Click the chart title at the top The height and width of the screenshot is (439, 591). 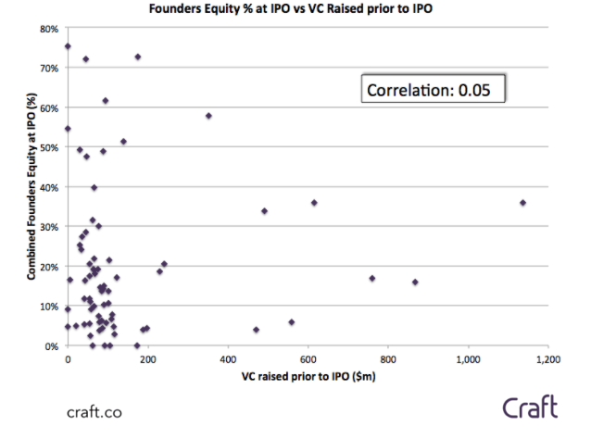(x=295, y=9)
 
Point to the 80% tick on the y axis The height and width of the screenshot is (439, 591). (x=48, y=29)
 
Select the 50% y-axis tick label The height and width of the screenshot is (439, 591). (x=48, y=147)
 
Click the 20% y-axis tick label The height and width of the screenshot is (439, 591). (x=48, y=267)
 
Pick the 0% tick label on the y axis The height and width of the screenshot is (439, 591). (x=51, y=346)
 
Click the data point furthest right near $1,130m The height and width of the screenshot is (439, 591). (x=522, y=203)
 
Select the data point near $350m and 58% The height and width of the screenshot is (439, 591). (x=208, y=116)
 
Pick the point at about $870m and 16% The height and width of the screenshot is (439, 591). (x=415, y=282)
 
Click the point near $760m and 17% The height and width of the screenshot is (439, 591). (x=372, y=278)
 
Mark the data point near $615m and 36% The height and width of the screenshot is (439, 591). (x=314, y=203)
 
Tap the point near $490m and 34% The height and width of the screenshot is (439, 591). (x=264, y=211)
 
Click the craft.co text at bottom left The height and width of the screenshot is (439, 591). (x=94, y=411)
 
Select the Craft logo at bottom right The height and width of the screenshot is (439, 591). (x=531, y=407)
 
